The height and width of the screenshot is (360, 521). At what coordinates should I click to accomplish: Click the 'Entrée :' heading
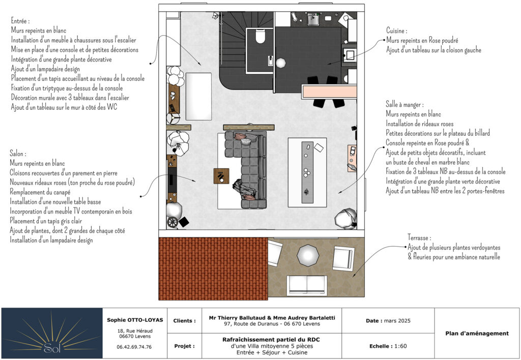click(20, 21)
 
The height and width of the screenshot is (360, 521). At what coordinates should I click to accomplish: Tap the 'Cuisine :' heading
click(396, 31)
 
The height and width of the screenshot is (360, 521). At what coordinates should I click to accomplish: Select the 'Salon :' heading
click(18, 154)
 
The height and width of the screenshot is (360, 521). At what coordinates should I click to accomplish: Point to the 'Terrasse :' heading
click(419, 238)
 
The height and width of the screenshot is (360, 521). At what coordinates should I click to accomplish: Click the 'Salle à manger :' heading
click(404, 105)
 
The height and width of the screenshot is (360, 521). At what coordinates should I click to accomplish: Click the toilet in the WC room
click(260, 36)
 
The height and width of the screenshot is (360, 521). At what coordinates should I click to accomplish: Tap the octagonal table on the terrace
click(308, 255)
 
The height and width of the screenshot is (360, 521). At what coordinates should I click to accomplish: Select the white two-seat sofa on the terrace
click(307, 285)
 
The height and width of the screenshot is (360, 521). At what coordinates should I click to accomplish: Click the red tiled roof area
click(213, 268)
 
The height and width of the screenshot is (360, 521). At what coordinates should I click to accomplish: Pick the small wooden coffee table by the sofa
click(221, 176)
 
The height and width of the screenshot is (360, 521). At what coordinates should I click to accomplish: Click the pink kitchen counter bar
click(329, 92)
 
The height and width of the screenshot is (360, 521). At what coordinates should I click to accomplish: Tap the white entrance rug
click(199, 96)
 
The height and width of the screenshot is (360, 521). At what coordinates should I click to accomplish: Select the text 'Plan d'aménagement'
click(477, 334)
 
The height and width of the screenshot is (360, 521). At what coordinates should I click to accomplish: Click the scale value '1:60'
click(401, 346)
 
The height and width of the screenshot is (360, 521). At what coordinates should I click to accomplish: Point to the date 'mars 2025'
click(397, 321)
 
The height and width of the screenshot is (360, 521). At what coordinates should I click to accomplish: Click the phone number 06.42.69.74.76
click(134, 347)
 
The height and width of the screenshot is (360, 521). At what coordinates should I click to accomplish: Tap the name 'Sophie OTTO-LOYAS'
click(135, 320)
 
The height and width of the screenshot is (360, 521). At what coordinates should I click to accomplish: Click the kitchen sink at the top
click(313, 19)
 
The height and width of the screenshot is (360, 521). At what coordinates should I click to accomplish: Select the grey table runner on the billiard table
click(307, 172)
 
